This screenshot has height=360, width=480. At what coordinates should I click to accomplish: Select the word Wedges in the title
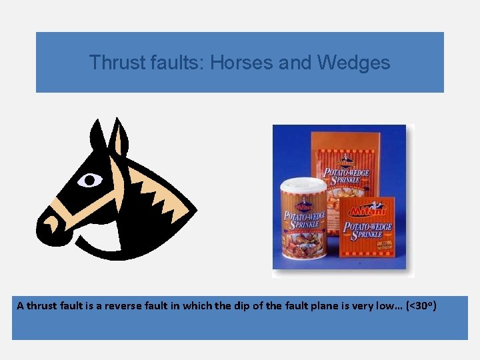click(354, 63)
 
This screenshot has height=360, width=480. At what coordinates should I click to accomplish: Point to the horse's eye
click(90, 180)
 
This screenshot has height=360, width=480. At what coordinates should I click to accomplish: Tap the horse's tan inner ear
click(120, 141)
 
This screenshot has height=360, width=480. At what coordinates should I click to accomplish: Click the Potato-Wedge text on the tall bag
click(346, 173)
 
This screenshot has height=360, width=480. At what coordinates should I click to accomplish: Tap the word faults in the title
click(173, 63)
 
